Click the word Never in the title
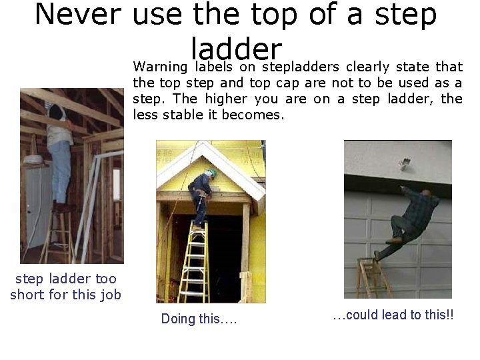click(x=79, y=15)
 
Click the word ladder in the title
click(x=237, y=48)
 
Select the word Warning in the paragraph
click(x=160, y=67)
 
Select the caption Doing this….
click(x=199, y=319)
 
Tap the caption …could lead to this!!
click(x=393, y=315)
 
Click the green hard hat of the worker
click(x=211, y=173)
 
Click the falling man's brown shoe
click(x=394, y=240)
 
